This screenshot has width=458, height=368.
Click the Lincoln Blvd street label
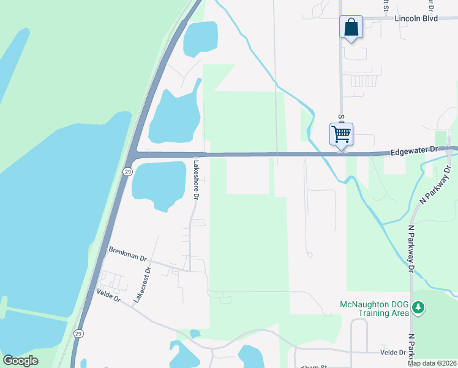pos(416,18)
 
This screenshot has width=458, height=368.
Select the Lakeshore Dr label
pos(197,178)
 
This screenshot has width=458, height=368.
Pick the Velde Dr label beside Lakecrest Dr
pos(109,296)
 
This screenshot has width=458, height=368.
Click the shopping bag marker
pos(351,28)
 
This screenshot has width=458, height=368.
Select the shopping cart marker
pos(341,133)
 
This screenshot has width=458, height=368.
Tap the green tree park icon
pos(418,306)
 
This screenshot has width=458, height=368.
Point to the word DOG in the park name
pos(400,305)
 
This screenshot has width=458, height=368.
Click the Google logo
pos(20,360)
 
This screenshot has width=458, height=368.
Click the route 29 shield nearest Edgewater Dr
pos(127,171)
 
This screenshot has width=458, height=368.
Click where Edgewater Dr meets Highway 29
pos(135,153)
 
